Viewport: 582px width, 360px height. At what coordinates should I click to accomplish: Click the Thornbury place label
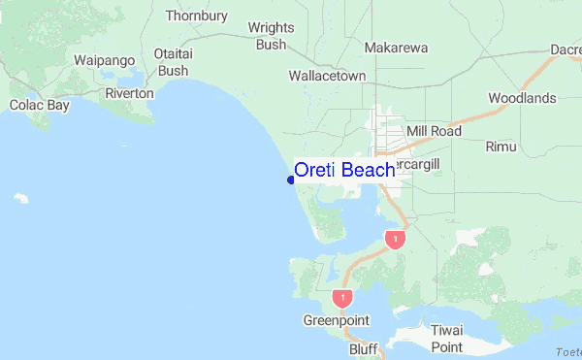pos(196,16)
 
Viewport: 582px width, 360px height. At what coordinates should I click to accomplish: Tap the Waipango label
pos(104,60)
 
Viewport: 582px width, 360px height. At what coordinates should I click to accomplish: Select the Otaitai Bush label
pos(173,62)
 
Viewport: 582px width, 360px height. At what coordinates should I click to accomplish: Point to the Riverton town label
pos(130,93)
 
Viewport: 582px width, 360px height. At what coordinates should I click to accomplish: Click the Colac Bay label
pos(39,105)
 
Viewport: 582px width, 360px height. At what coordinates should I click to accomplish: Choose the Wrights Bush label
pos(271,36)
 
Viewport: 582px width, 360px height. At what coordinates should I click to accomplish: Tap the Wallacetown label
pos(327,75)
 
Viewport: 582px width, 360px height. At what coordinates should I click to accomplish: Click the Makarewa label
pos(396,47)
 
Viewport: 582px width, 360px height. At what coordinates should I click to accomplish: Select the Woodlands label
pos(522,98)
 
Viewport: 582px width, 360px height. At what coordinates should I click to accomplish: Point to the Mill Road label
pos(434,130)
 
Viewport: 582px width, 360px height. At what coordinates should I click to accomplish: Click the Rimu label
pos(501,147)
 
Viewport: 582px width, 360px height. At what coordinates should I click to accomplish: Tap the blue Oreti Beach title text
pos(344,170)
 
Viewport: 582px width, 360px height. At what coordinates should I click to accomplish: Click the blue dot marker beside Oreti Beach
pos(291,180)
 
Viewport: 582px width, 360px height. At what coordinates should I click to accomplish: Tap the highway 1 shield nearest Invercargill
pos(394,239)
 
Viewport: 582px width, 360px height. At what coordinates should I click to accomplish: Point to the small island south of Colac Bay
pos(20,199)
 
